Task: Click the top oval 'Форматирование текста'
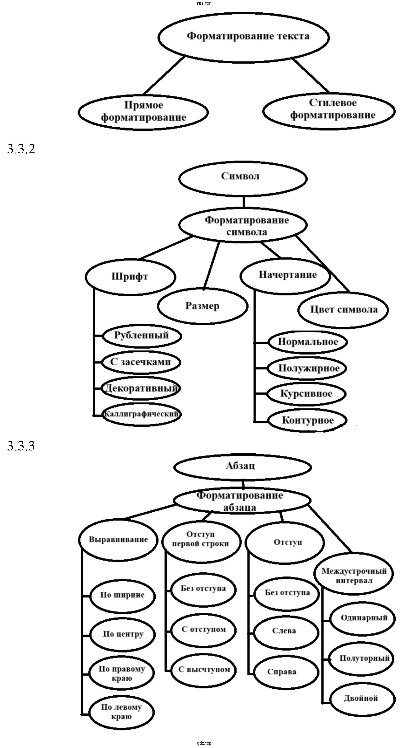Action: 244,37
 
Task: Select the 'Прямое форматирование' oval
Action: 143,112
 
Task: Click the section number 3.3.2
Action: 21,149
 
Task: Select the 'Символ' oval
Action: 243,178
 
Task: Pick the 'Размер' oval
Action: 203,306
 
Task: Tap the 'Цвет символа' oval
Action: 343,309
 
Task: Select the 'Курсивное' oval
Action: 306,394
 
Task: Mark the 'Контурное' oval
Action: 307,420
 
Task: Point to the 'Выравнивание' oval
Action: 118,540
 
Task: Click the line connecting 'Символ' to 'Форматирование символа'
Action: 243,202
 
